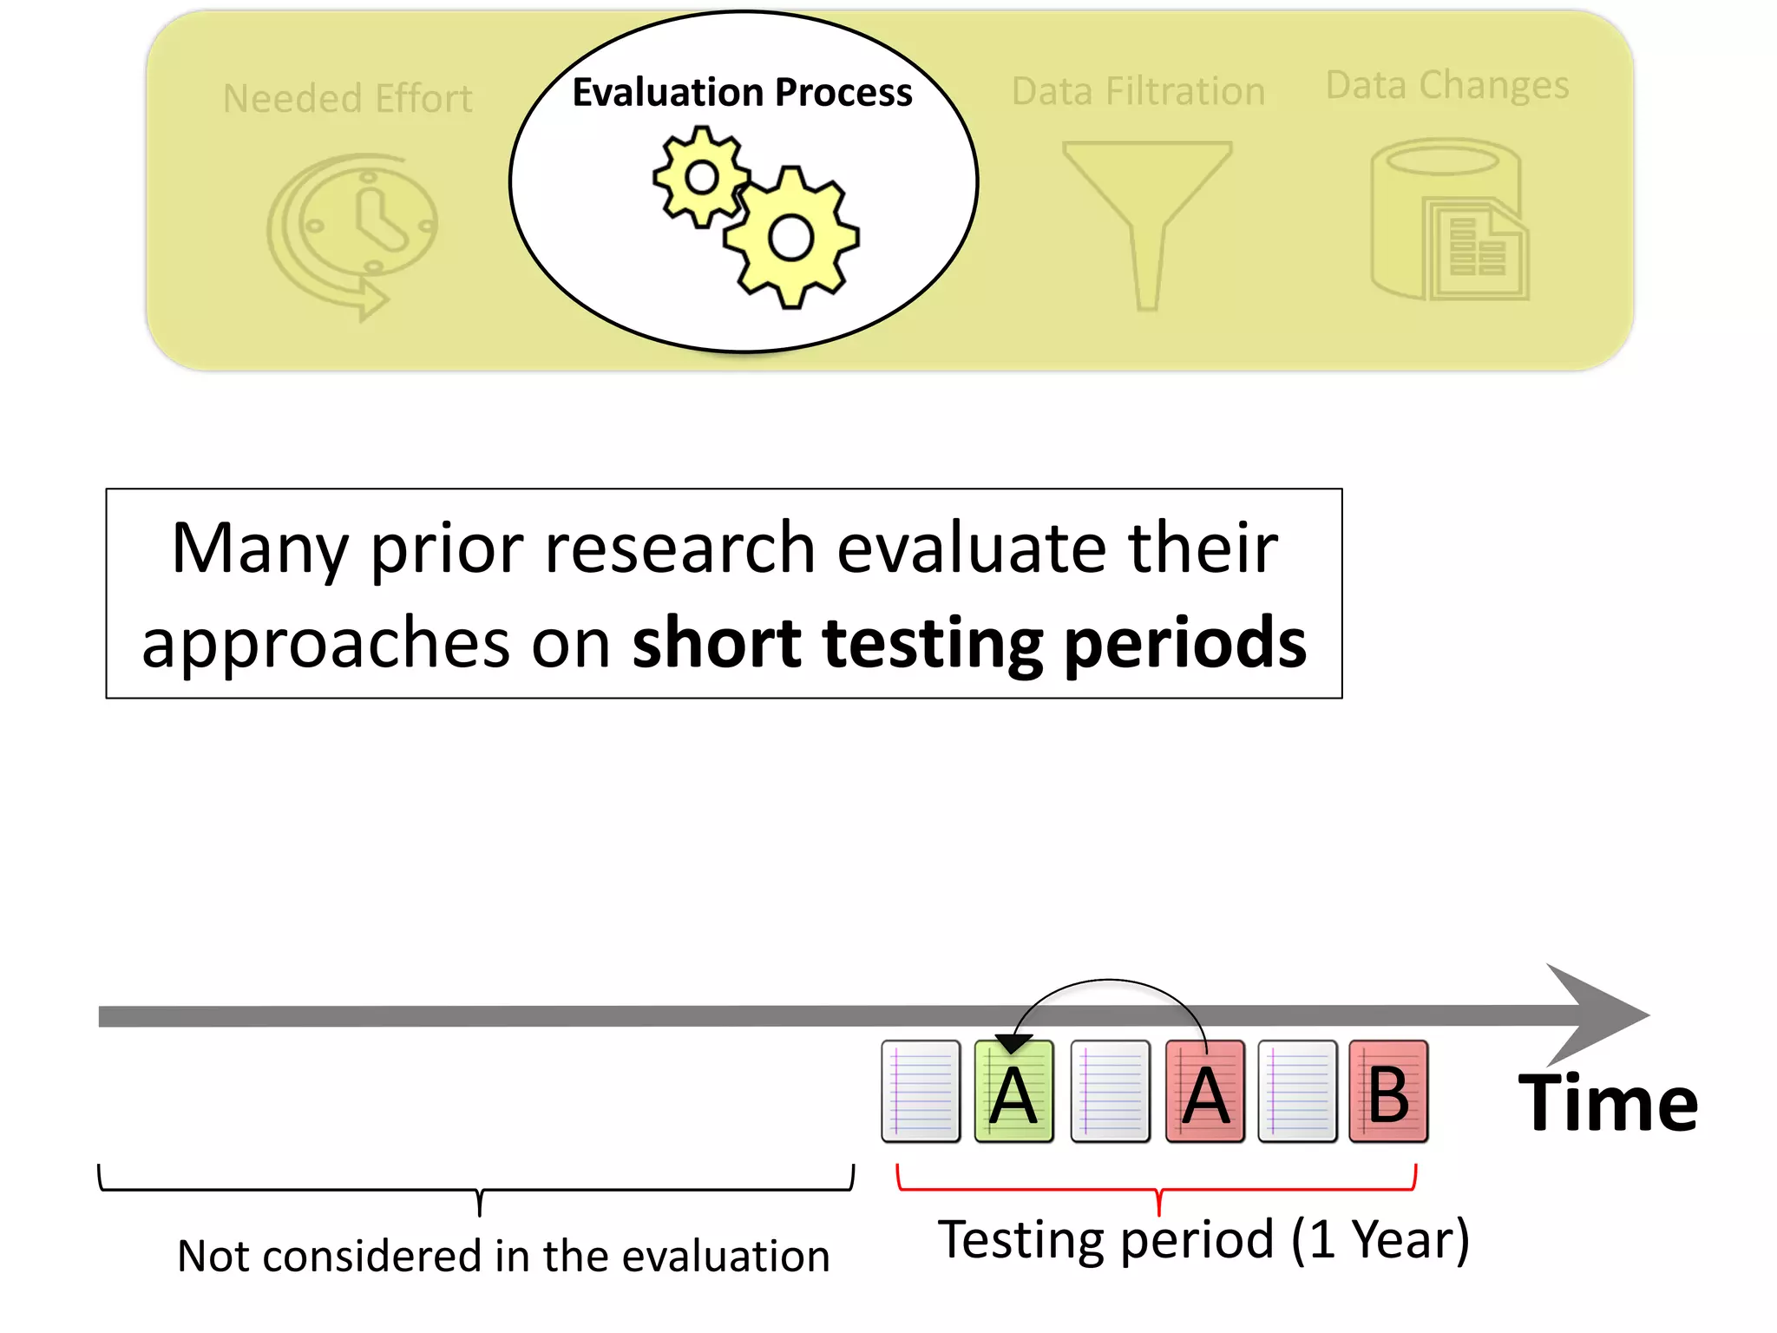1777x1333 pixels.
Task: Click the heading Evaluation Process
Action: tap(742, 92)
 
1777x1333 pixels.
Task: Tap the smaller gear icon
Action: tap(701, 178)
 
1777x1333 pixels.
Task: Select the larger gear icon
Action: tap(790, 238)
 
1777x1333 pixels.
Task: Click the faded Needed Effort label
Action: tap(347, 98)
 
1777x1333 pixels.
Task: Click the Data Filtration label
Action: tap(1138, 91)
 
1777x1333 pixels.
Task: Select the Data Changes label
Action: tap(1447, 85)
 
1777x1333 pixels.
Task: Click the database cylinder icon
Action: tap(1447, 221)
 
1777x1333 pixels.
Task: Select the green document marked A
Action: tap(1013, 1092)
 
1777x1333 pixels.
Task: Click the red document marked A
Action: tap(1205, 1092)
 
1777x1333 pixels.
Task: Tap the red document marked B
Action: tap(1388, 1092)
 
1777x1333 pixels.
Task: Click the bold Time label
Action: tap(1608, 1103)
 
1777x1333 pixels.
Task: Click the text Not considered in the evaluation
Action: tap(503, 1256)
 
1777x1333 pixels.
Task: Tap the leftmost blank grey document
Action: tap(921, 1092)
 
